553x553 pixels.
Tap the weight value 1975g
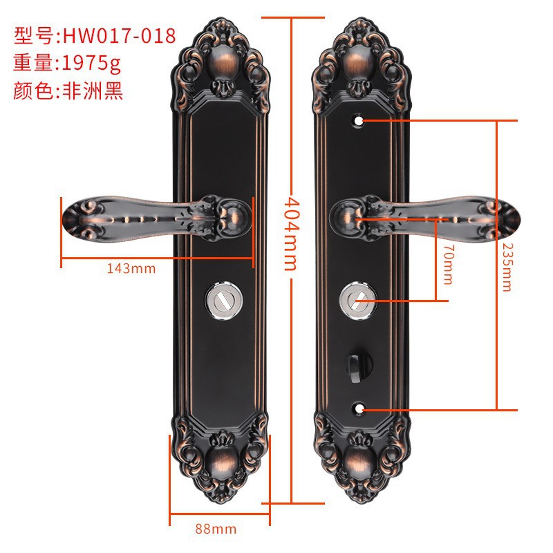[91, 64]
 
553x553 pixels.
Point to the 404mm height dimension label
[291, 234]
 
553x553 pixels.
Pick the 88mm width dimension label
[216, 529]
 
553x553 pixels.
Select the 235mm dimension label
[507, 266]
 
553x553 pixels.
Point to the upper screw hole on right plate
[360, 120]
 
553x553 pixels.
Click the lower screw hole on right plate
[359, 409]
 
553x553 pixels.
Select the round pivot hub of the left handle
[234, 216]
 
